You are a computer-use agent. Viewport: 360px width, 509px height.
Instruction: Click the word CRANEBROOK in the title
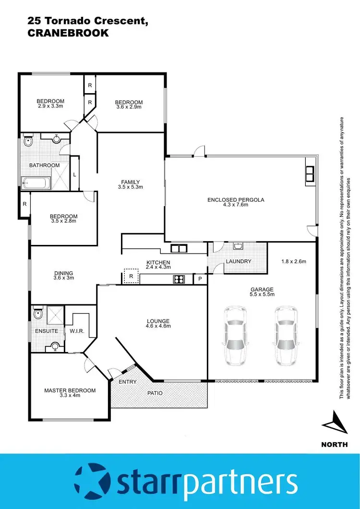click(x=68, y=33)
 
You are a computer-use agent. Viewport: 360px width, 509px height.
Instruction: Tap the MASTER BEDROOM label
click(x=70, y=390)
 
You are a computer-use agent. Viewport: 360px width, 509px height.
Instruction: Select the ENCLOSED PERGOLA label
click(x=236, y=200)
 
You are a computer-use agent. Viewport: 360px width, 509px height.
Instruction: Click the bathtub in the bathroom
click(x=36, y=182)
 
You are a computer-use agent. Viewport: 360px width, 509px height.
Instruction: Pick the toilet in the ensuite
click(x=38, y=314)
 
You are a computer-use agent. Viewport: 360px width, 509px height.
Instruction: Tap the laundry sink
click(x=238, y=246)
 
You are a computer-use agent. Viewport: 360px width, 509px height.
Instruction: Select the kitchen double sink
click(x=180, y=248)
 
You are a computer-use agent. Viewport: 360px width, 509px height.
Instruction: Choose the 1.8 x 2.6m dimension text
click(x=293, y=262)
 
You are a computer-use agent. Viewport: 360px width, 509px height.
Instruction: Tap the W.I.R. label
click(x=77, y=331)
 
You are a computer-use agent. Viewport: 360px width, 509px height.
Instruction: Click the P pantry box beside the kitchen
click(x=200, y=279)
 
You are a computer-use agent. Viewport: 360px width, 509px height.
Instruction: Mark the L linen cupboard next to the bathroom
click(x=74, y=174)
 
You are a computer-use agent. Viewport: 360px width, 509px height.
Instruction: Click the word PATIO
click(x=155, y=393)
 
